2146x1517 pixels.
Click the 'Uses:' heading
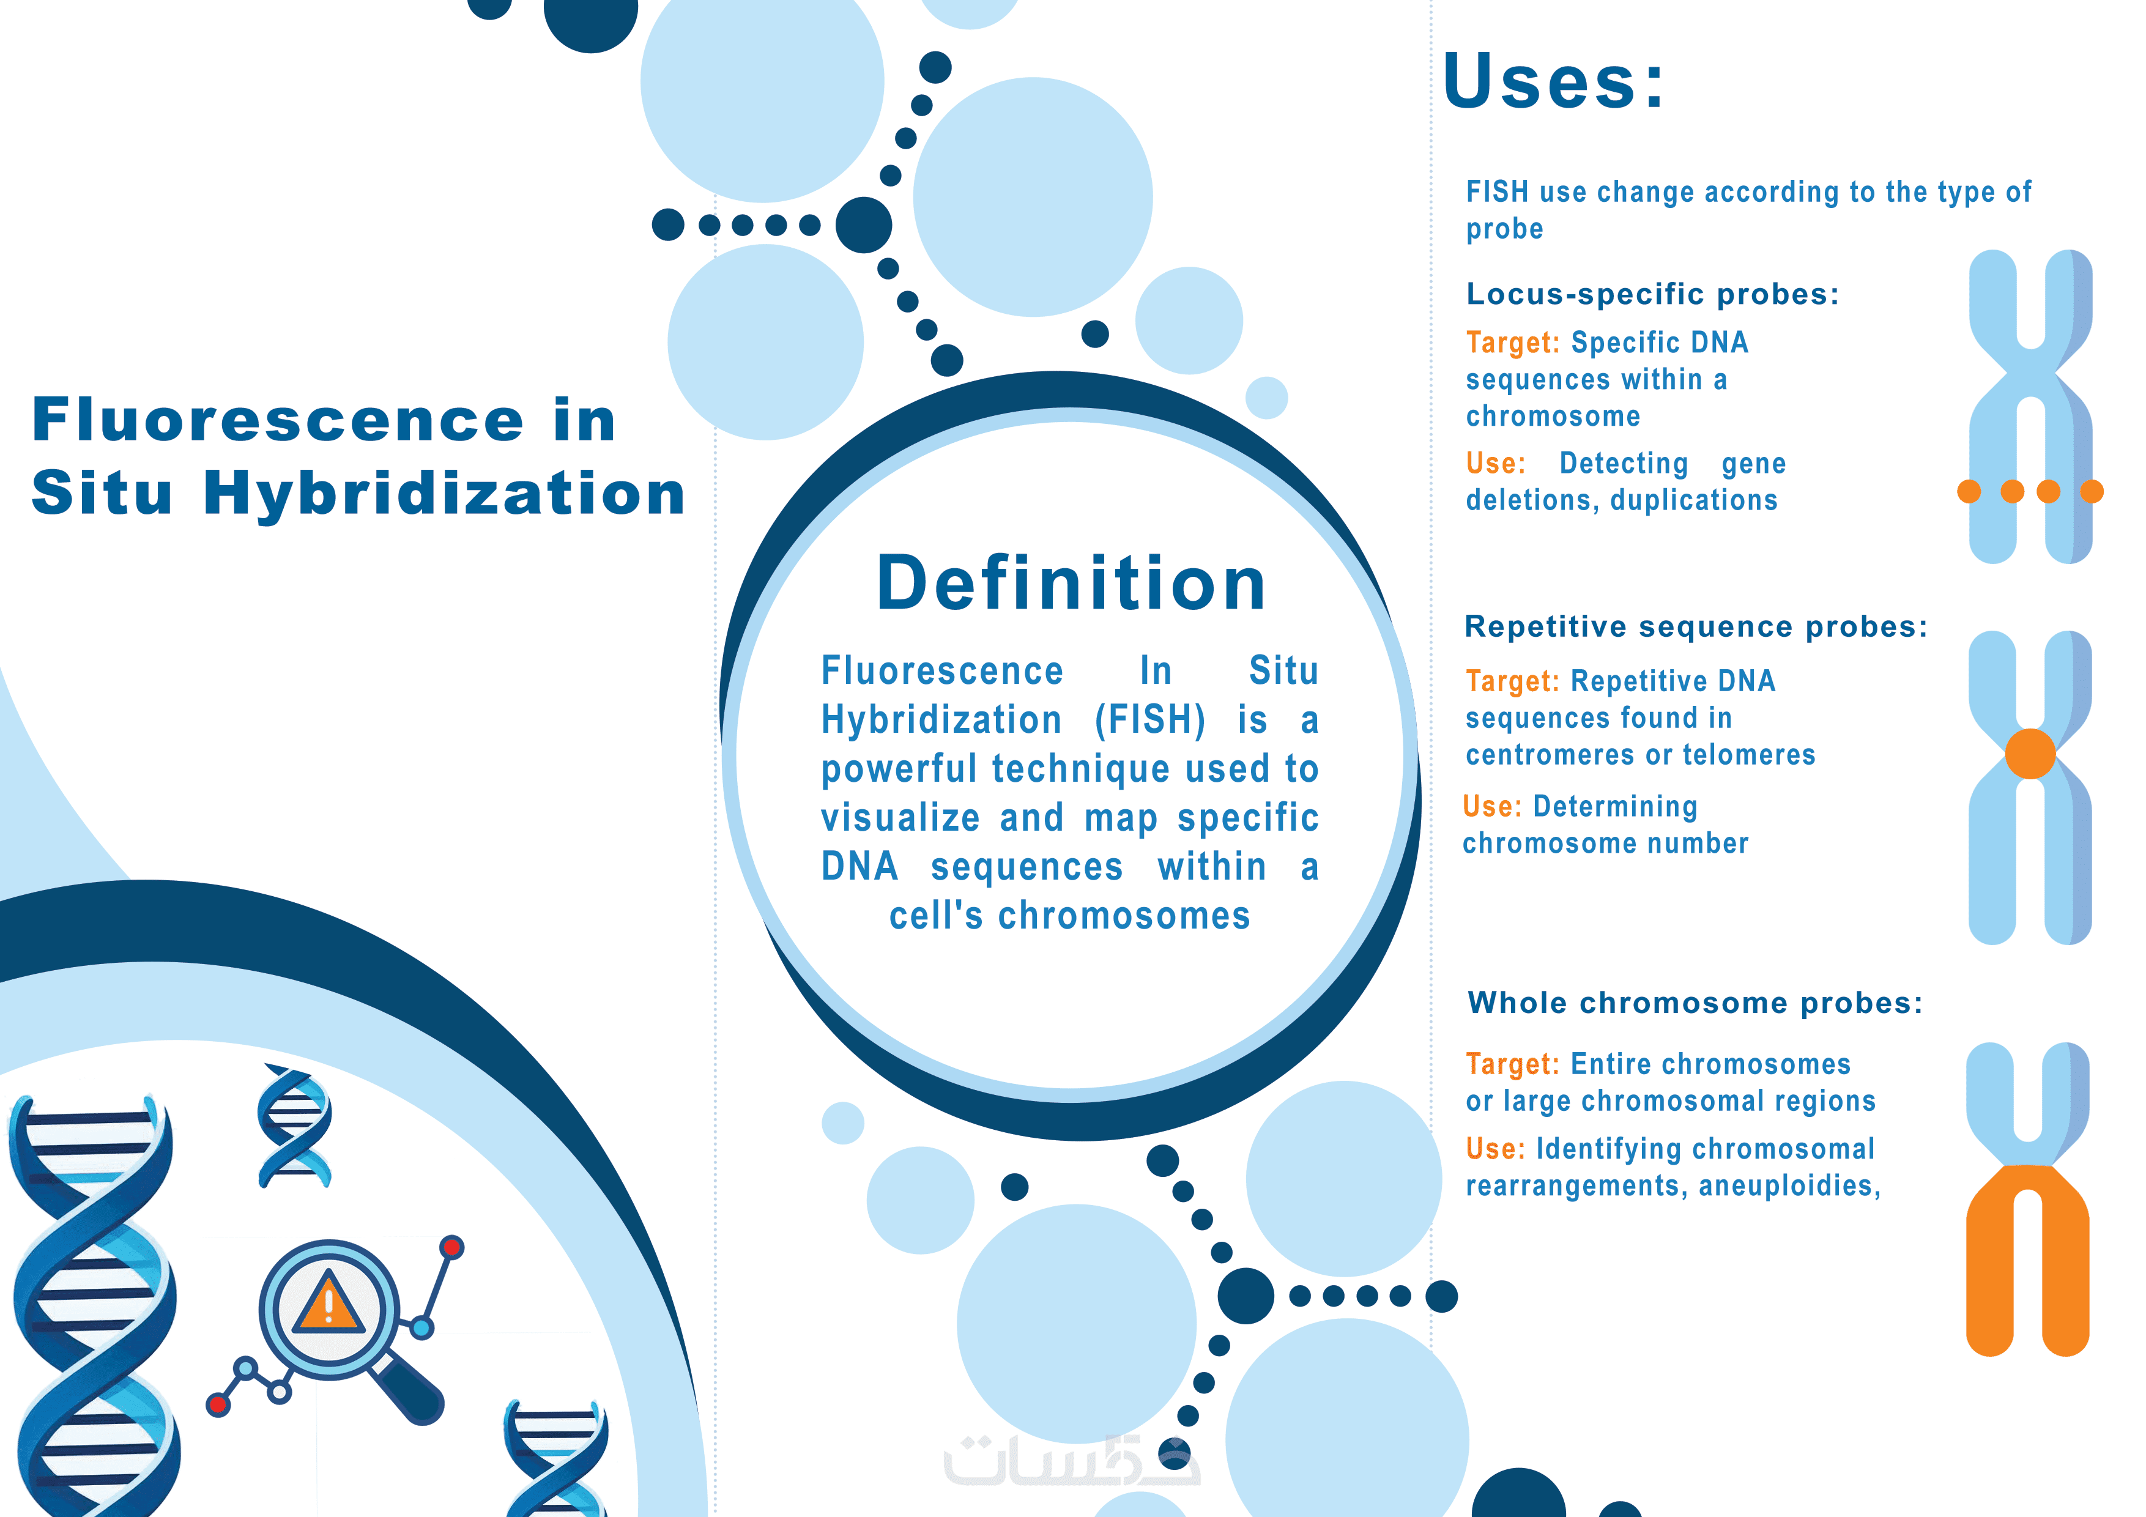1553,81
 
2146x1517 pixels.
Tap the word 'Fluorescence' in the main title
278,419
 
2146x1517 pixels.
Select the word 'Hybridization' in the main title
444,492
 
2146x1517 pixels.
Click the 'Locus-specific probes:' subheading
1652,294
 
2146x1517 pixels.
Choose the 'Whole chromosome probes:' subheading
1695,1003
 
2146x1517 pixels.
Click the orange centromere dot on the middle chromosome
2030,754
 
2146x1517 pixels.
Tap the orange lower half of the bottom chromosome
2027,1262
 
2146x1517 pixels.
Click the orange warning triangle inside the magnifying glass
328,1301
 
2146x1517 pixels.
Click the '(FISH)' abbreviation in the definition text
1149,720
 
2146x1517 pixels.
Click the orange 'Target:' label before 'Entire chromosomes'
1512,1064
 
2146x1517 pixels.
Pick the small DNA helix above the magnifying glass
294,1126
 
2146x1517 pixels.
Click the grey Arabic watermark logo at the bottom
1071,1461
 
